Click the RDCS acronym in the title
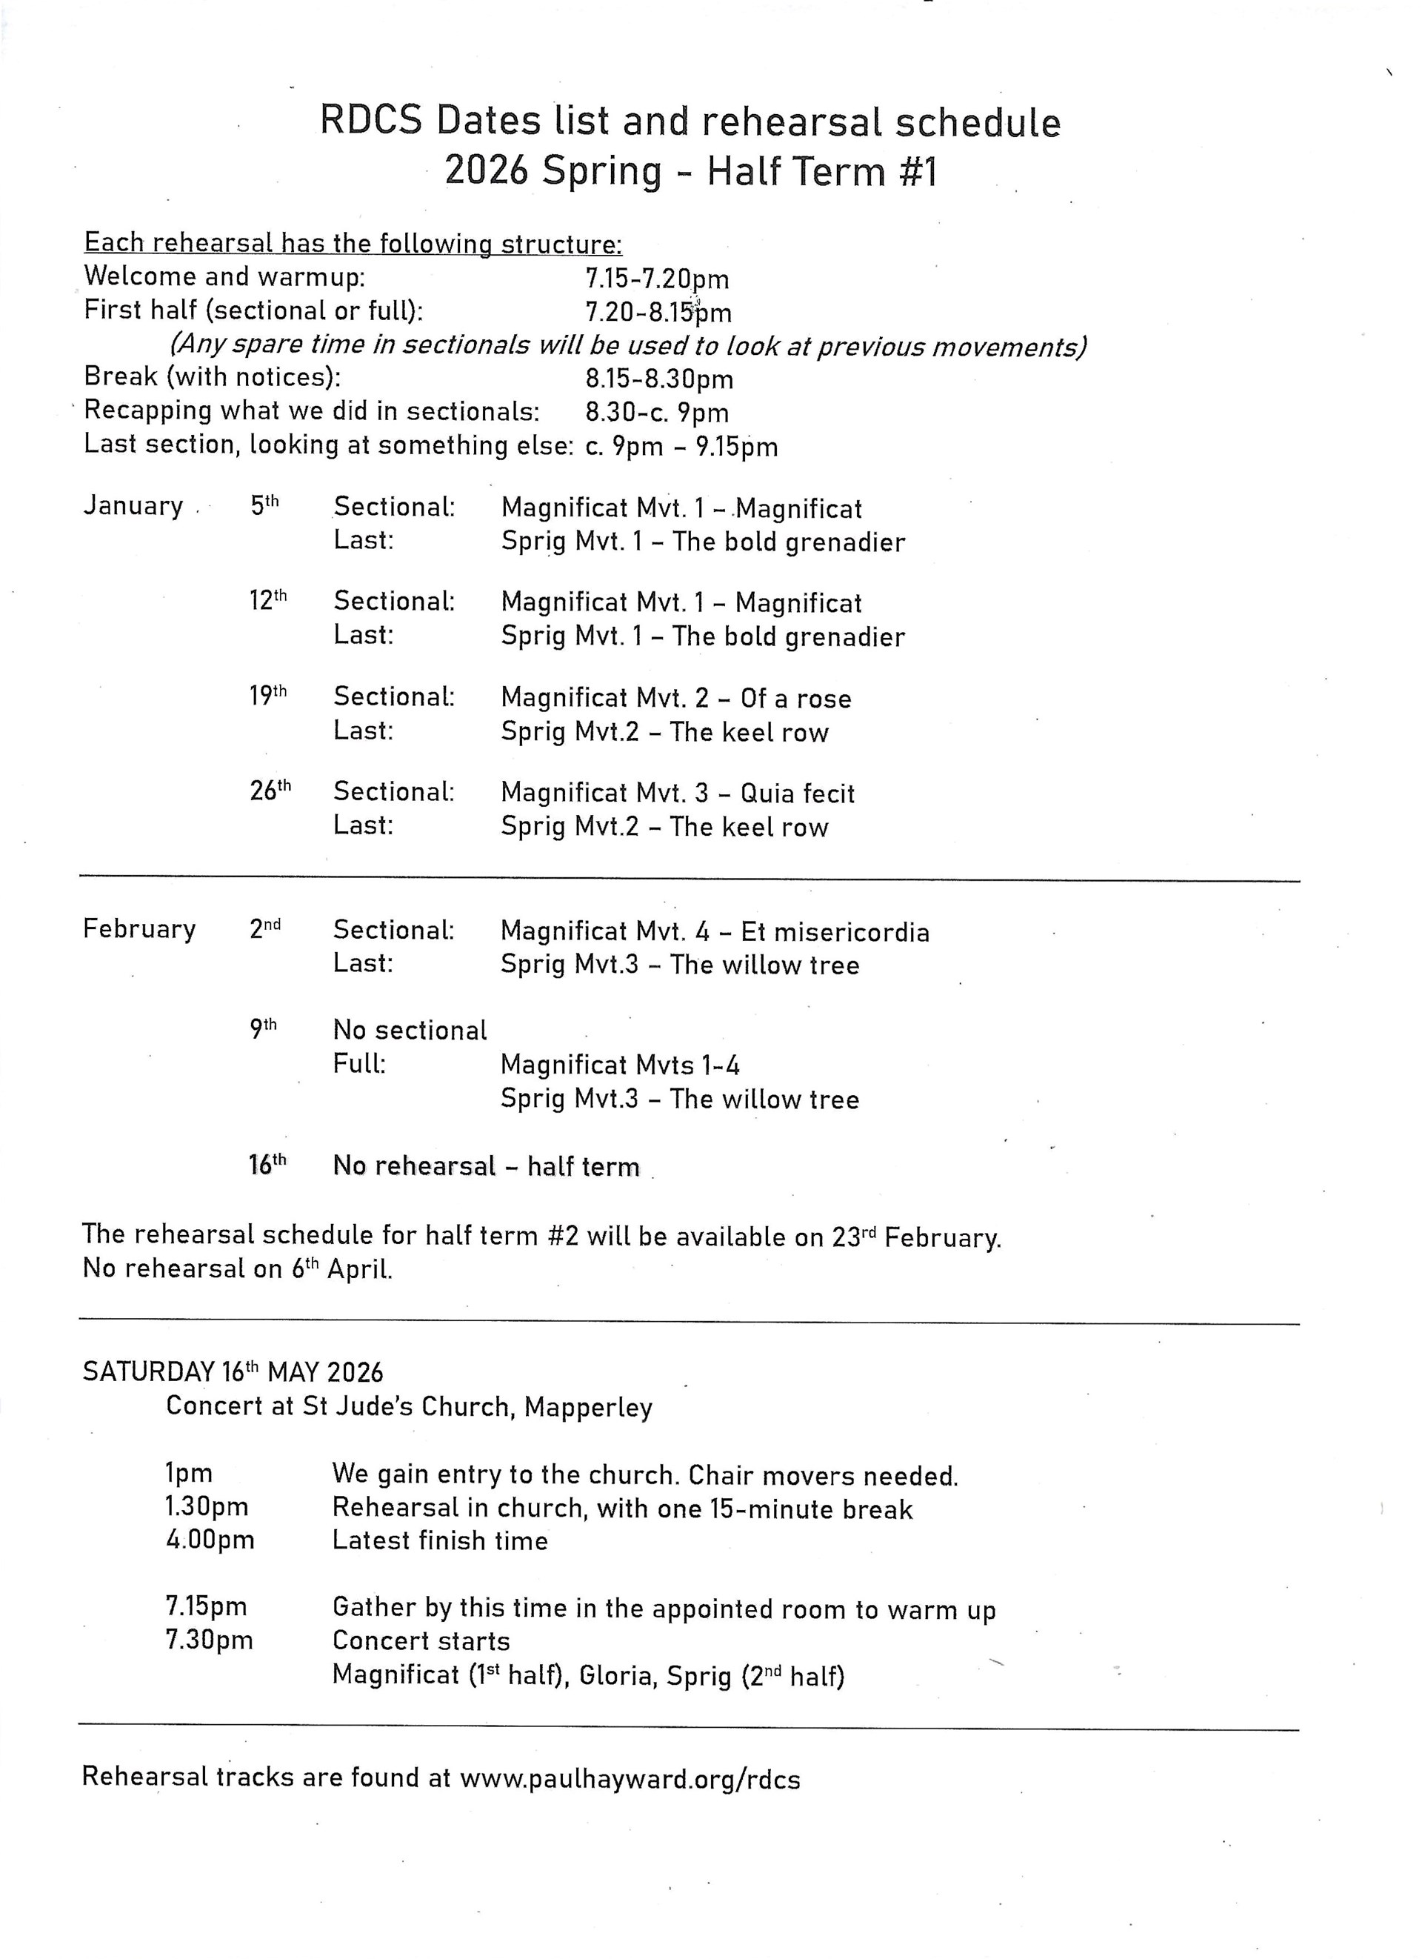pyautogui.click(x=370, y=122)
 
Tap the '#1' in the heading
pyautogui.click(x=917, y=172)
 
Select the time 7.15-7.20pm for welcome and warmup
pyautogui.click(x=657, y=279)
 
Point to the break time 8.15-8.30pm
pyautogui.click(x=658, y=379)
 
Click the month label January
pyautogui.click(x=133, y=506)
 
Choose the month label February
pyautogui.click(x=139, y=929)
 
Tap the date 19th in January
pyautogui.click(x=267, y=695)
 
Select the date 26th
pyautogui.click(x=270, y=791)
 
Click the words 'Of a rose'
pyautogui.click(x=795, y=699)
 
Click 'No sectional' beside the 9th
pyautogui.click(x=410, y=1031)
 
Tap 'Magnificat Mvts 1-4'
pyautogui.click(x=620, y=1065)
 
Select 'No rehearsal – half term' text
pyautogui.click(x=486, y=1167)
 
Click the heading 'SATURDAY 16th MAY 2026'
pyautogui.click(x=233, y=1372)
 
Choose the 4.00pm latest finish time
pyautogui.click(x=210, y=1540)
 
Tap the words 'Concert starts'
pyautogui.click(x=421, y=1641)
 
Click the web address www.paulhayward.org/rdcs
pyautogui.click(x=630, y=1778)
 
